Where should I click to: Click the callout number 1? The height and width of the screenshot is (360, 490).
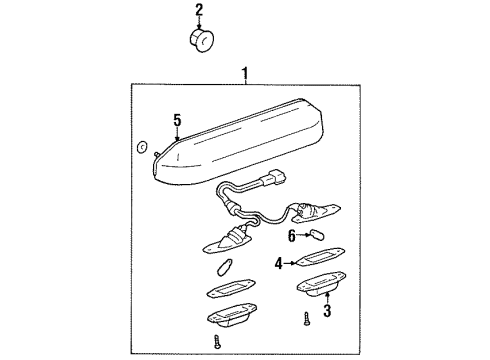(x=244, y=73)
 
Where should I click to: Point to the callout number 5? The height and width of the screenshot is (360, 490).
(x=177, y=121)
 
